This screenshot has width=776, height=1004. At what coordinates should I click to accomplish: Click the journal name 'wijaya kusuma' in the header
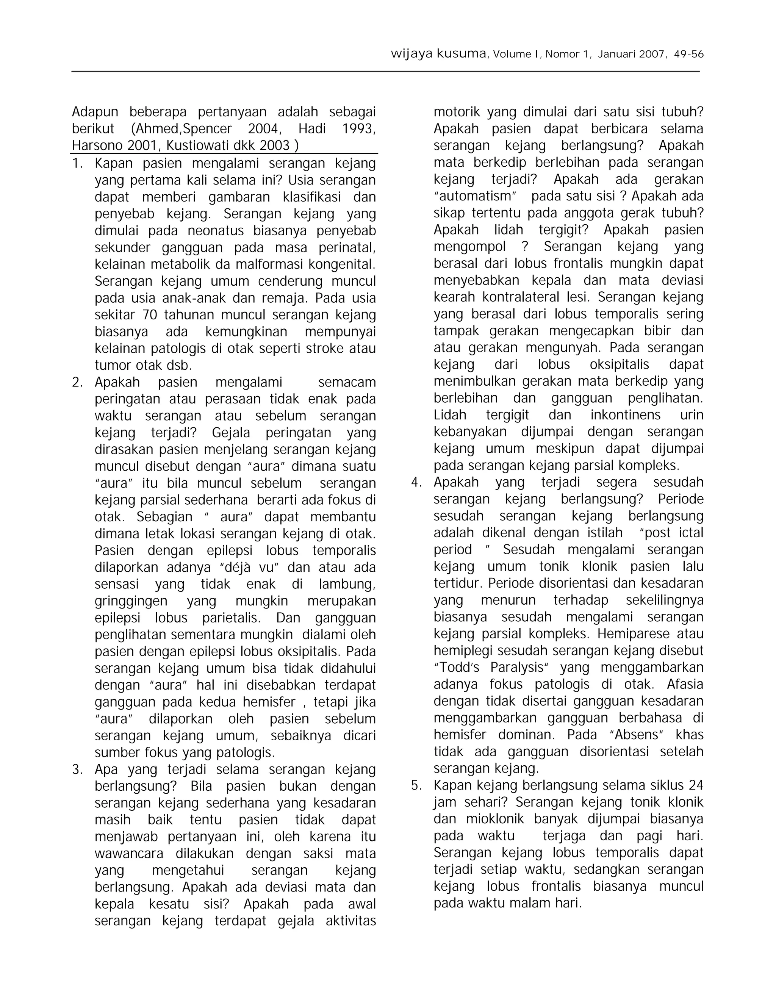(438, 54)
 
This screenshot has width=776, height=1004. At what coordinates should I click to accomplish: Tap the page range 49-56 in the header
(688, 54)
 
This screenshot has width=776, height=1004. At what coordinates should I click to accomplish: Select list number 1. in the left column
(78, 163)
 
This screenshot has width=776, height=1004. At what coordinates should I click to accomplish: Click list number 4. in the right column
(416, 482)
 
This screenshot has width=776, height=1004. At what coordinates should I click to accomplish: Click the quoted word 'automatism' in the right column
(476, 196)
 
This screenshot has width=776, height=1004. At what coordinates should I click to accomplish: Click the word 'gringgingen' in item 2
(131, 601)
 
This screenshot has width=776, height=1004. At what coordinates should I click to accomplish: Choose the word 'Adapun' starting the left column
(95, 112)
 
